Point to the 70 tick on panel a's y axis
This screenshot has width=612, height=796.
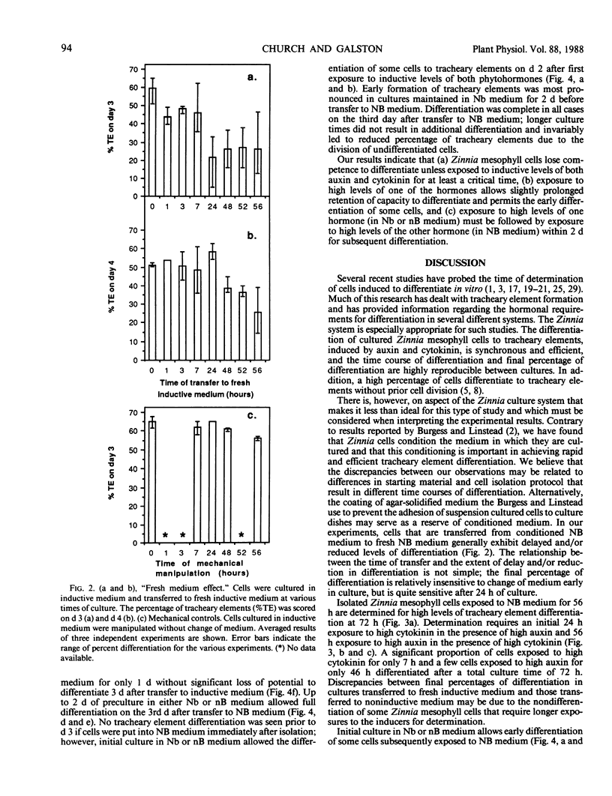[129, 69]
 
